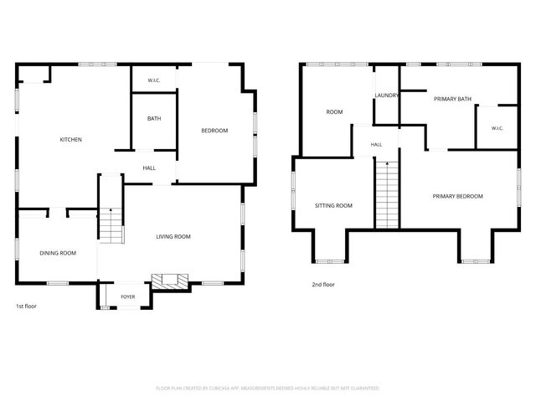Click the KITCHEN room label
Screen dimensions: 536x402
coord(70,140)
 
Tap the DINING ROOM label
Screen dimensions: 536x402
coord(58,253)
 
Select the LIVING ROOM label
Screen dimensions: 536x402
coord(173,236)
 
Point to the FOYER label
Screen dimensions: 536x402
coord(128,296)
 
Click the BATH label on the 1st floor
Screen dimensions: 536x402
coord(154,119)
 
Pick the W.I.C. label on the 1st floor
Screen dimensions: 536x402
coord(154,80)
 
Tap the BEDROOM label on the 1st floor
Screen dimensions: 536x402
coord(214,131)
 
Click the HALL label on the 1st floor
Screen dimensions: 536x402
coord(149,167)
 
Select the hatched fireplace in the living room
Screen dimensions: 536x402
coord(170,281)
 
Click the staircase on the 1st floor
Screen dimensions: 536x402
coord(111,225)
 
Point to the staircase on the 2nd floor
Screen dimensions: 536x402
coord(387,194)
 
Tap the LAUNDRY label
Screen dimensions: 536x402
coord(387,95)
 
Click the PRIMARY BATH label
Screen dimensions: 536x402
coord(452,99)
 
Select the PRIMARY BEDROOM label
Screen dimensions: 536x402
coord(458,196)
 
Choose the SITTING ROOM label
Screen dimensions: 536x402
coord(333,205)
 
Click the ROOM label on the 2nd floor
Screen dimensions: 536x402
coord(334,111)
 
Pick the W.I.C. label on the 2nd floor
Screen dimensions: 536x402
coord(497,128)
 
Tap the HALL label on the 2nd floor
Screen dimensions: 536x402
coord(376,145)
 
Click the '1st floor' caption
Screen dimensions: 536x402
coord(26,306)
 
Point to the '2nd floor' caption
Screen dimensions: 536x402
coord(323,284)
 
